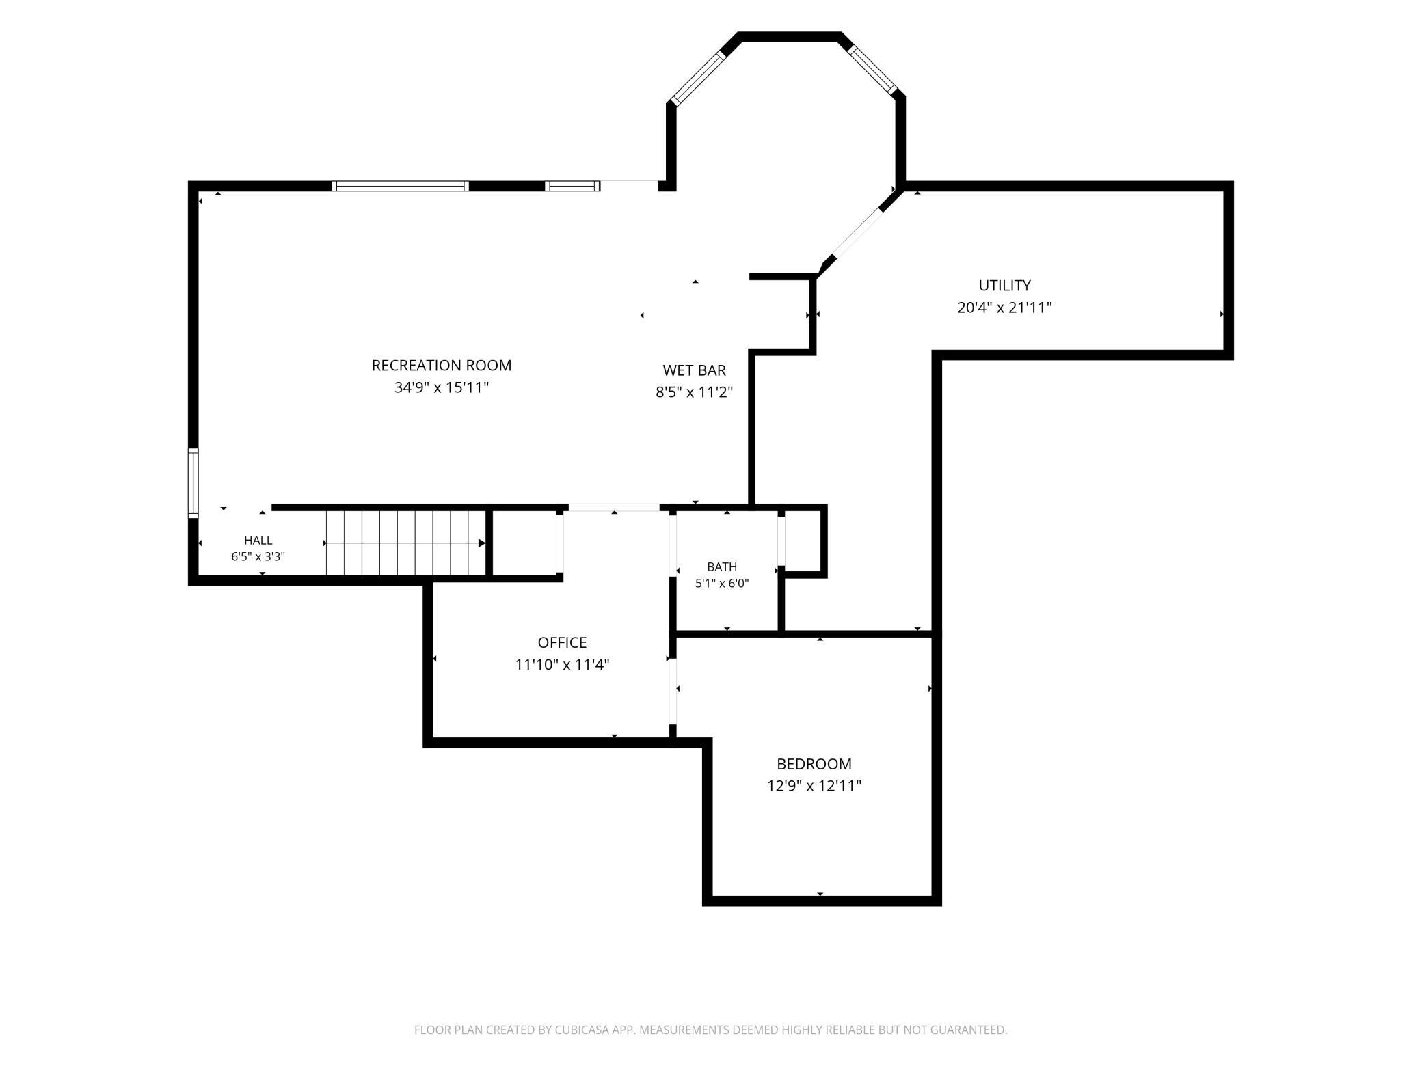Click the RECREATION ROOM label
tap(442, 366)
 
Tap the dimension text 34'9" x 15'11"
tap(442, 387)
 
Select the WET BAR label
tap(694, 370)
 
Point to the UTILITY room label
tap(1004, 286)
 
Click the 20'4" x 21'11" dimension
tap(1004, 307)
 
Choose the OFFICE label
tap(562, 642)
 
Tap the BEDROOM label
tap(814, 764)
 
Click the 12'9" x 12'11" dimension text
tap(814, 786)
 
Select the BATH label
tap(722, 566)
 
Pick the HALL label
tap(258, 541)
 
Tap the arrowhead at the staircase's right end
tap(482, 543)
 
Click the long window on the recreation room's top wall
tap(401, 186)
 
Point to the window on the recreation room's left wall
tap(193, 482)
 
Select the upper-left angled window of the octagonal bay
tap(697, 78)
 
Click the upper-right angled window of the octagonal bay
tap(872, 69)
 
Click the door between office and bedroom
tap(673, 691)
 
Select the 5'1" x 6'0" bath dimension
tap(722, 584)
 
